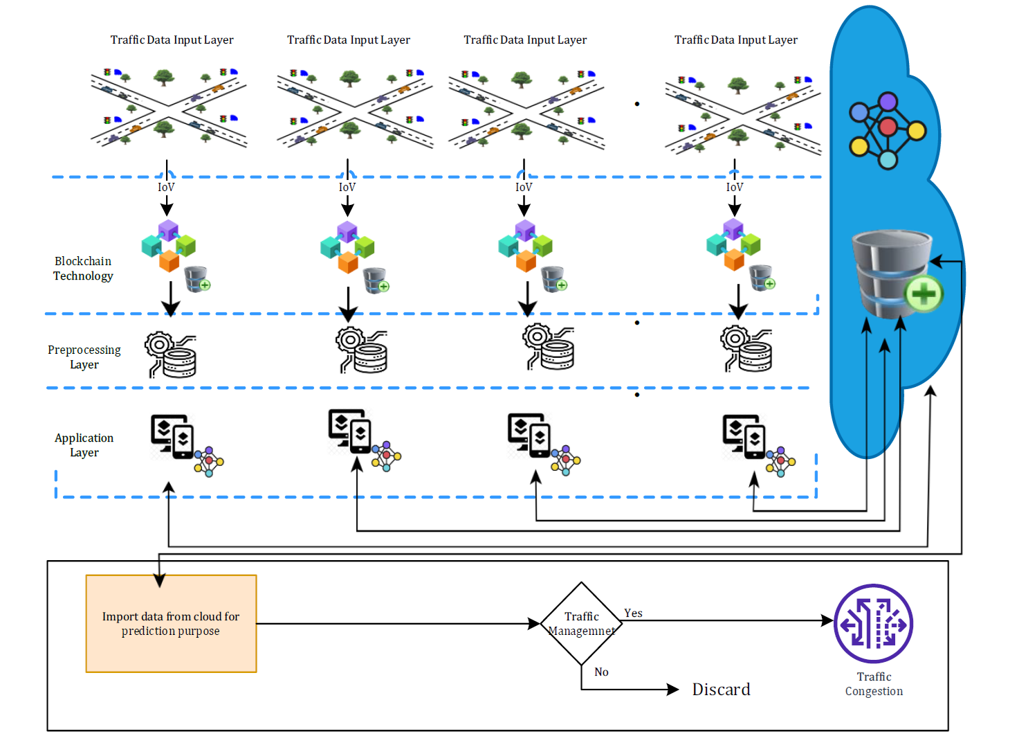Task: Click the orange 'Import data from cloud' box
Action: (x=171, y=623)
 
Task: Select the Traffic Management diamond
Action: (x=581, y=623)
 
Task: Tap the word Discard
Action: (x=721, y=689)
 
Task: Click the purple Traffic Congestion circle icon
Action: (x=873, y=623)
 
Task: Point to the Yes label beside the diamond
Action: (x=633, y=613)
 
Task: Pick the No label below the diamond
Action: (x=601, y=672)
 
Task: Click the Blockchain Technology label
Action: (x=83, y=268)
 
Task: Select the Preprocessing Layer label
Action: (x=84, y=357)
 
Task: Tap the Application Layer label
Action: (x=84, y=445)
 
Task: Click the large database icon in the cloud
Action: (x=894, y=274)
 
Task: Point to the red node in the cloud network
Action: (x=887, y=127)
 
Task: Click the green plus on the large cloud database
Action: (x=924, y=294)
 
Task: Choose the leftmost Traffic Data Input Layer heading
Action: (x=172, y=40)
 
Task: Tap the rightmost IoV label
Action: (x=734, y=187)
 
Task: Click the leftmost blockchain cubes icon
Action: (x=168, y=246)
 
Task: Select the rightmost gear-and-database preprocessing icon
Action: (x=746, y=349)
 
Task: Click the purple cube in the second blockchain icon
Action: (x=347, y=232)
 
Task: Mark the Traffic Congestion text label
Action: (x=874, y=683)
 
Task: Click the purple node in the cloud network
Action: (x=888, y=102)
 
